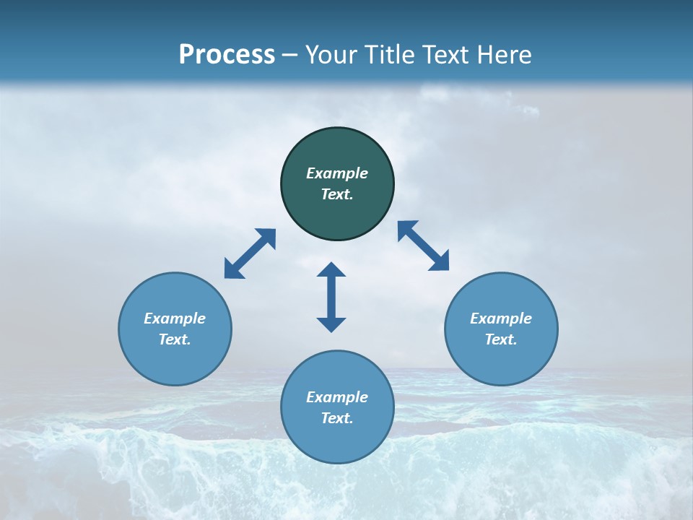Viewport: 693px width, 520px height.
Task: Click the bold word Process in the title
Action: coord(227,55)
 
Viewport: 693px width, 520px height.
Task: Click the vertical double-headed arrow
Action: coord(331,297)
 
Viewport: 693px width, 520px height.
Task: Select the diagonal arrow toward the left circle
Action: coord(250,253)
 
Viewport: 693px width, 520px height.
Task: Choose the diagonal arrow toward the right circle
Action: coord(424,246)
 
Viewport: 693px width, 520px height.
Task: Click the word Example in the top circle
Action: coord(337,173)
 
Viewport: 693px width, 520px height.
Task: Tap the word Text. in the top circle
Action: coord(337,194)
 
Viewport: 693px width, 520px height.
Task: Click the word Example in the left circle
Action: coord(175,318)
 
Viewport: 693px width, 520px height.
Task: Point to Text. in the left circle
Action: coord(175,339)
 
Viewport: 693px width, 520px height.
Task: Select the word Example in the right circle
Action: coord(501,318)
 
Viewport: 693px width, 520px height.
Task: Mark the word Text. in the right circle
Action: coord(501,339)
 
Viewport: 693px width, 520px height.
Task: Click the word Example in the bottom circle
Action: coord(337,397)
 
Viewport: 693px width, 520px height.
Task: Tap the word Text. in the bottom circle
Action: coord(337,418)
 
